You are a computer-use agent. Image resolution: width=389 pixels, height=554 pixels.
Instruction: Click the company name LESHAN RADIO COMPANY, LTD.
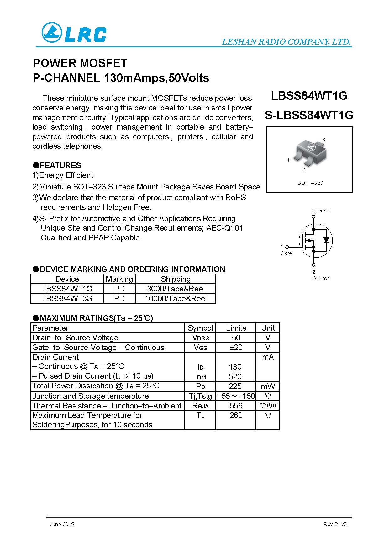pos(286,42)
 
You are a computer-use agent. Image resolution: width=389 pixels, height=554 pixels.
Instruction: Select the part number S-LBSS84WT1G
pos(309,115)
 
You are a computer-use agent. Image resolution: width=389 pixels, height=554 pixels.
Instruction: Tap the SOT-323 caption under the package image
pos(310,183)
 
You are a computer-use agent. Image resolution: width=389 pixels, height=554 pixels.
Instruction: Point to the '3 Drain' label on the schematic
pos(321,210)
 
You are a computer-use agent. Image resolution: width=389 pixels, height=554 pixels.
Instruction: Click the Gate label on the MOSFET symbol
pos(286,253)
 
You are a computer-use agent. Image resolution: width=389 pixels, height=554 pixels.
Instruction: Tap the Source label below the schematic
pos(321,278)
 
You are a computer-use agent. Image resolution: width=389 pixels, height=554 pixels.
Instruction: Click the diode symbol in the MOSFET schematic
pos(326,240)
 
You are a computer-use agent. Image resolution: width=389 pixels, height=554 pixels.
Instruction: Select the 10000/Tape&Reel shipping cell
pos(176,298)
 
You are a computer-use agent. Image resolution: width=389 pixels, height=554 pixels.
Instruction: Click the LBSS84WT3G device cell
pos(67,298)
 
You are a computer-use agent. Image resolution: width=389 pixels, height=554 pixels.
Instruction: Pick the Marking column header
pos(119,279)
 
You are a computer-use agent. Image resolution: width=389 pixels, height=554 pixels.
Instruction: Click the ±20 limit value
pos(236,347)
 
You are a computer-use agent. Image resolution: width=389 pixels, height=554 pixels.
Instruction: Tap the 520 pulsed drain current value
pos(235,376)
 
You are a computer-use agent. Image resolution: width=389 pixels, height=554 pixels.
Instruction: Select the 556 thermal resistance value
pos(236,406)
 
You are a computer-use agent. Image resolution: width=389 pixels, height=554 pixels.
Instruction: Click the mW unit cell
pos(268,386)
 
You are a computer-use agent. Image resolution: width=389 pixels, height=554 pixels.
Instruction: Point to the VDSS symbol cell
pos(200,338)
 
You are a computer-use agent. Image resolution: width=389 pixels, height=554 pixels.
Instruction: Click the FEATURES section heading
pos(60,165)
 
